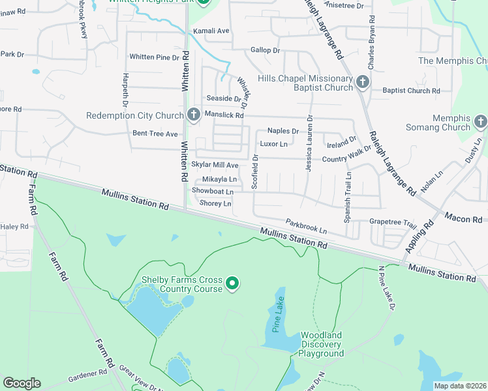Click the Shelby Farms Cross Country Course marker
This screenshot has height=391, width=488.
(x=232, y=283)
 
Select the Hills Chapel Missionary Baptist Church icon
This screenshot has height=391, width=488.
(x=363, y=82)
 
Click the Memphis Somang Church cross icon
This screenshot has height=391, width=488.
(x=480, y=122)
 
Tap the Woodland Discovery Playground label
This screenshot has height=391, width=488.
(x=321, y=344)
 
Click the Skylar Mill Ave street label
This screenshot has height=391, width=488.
(x=215, y=166)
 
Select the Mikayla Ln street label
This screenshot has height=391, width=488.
(x=219, y=179)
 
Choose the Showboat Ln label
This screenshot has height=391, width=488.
(x=213, y=192)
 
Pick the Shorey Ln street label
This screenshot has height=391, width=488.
(x=215, y=204)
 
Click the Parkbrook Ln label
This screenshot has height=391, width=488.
(x=305, y=227)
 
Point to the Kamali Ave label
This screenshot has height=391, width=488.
(x=214, y=31)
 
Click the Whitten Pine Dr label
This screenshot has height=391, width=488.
(x=154, y=57)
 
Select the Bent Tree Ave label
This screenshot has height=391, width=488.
(x=155, y=134)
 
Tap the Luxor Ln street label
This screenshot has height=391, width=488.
(x=273, y=143)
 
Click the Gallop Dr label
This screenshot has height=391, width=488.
(x=265, y=50)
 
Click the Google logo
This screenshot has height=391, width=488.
(x=22, y=383)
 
